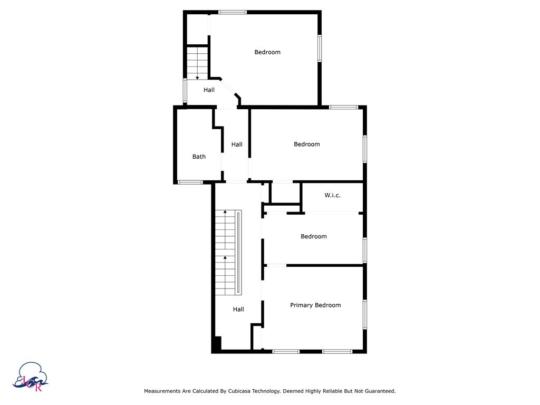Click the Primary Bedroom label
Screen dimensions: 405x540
coord(315,305)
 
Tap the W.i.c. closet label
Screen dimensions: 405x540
coord(332,195)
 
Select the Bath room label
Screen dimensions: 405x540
coord(199,157)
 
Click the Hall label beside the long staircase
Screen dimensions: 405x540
coord(238,310)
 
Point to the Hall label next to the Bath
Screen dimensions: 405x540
coord(237,144)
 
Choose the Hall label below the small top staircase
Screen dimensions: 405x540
coord(209,90)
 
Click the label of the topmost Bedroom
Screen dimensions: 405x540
coord(267,52)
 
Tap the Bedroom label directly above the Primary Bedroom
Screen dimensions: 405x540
coord(313,237)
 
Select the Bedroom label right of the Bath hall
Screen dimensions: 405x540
coord(306,144)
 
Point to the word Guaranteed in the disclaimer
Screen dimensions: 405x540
coord(378,391)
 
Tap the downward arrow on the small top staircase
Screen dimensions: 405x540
coord(197,77)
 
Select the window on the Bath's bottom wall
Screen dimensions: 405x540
coord(190,182)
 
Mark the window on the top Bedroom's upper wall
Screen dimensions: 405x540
coord(233,12)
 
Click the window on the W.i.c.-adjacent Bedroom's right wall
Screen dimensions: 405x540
coord(364,250)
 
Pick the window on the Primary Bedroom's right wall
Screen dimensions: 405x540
coord(364,315)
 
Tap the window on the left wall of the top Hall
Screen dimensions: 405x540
coord(185,91)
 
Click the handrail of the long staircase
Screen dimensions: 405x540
coord(239,253)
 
